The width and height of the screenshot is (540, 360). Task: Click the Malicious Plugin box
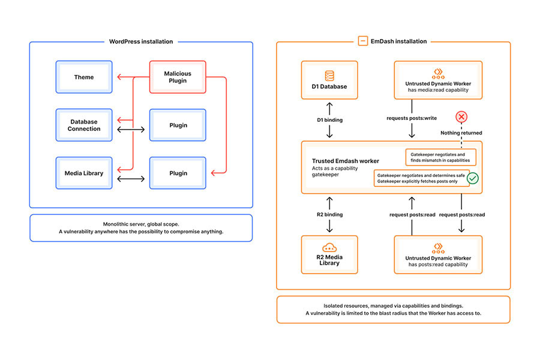coord(178,77)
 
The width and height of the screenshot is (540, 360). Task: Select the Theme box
coord(84,77)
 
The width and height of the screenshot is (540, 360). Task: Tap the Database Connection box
coord(84,125)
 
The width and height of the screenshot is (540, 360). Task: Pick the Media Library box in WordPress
coord(84,173)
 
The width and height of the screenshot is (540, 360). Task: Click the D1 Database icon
coord(329,76)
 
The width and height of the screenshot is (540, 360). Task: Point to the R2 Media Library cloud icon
coord(329,247)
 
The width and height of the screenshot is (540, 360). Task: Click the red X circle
coord(461,117)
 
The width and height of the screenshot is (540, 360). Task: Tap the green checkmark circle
coord(473,178)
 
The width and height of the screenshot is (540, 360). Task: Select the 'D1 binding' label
coord(330,120)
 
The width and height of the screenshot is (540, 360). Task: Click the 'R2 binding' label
coord(330,215)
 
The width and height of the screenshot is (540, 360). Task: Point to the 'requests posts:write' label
coord(412,118)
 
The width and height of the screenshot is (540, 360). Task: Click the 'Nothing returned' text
coord(461,133)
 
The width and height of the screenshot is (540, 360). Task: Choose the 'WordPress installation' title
coord(141,41)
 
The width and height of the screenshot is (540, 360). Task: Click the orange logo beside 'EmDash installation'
coord(363,41)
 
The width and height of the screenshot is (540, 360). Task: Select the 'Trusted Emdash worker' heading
coord(346,161)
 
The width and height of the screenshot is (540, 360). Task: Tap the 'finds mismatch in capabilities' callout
coord(441,157)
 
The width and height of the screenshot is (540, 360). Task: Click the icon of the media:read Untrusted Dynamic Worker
coord(438,73)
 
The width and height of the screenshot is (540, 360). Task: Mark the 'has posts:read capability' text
coord(438,265)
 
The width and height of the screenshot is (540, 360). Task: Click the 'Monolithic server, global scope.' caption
coord(141,224)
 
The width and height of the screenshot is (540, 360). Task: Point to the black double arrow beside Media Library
coord(131,179)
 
